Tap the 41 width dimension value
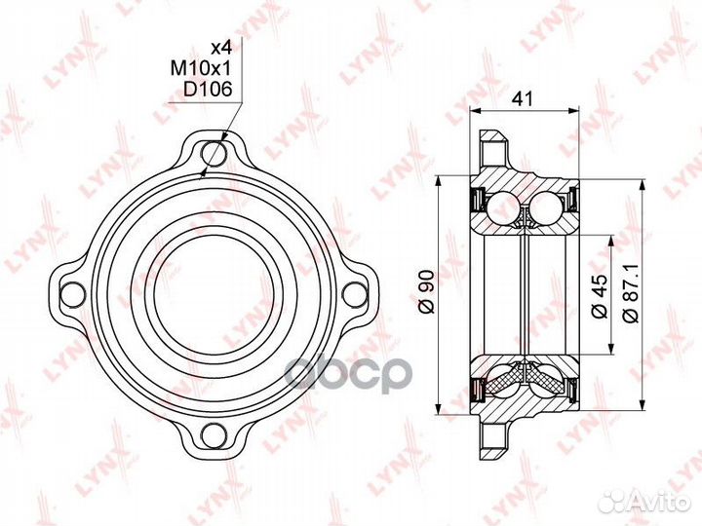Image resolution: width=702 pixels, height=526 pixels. pyautogui.click(x=523, y=98)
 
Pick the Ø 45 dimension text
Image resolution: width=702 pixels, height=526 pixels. pyautogui.click(x=600, y=293)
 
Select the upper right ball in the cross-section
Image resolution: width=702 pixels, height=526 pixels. pyautogui.click(x=547, y=207)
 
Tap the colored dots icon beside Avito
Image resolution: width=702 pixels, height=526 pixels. pyautogui.click(x=614, y=501)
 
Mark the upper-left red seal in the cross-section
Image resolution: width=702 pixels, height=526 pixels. pyautogui.click(x=479, y=203)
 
